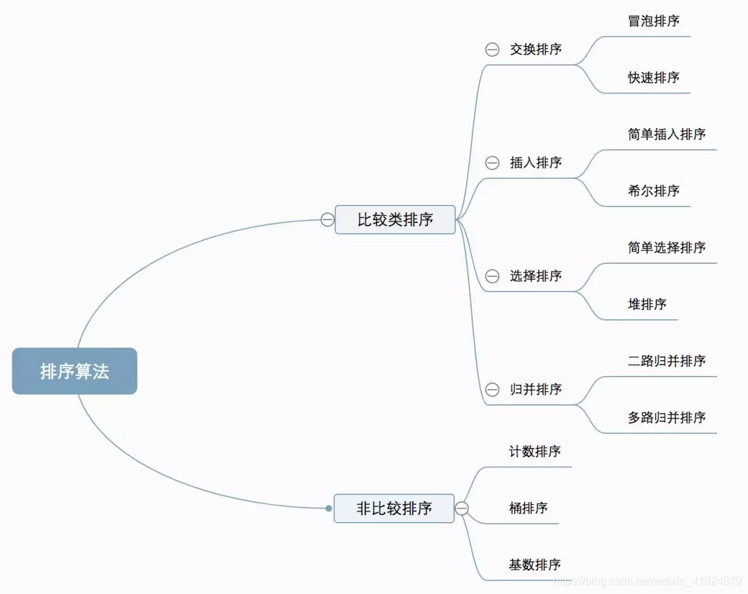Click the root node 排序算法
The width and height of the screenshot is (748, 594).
(x=75, y=371)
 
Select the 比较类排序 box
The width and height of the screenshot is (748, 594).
(x=395, y=219)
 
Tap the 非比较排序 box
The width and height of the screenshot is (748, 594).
(x=394, y=508)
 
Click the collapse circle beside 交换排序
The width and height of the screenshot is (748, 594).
(x=492, y=50)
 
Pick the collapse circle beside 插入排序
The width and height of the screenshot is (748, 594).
(x=492, y=163)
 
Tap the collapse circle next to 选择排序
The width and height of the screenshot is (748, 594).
(x=492, y=276)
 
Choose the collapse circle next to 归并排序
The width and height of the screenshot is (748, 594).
(x=492, y=390)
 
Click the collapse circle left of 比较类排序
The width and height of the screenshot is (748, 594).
(x=328, y=219)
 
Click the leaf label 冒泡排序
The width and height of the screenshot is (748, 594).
(x=654, y=21)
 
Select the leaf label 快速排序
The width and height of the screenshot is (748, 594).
(x=654, y=78)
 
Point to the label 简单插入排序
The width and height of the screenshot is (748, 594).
(x=667, y=134)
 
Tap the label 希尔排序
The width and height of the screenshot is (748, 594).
(x=654, y=191)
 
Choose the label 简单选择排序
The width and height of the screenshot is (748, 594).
(x=667, y=248)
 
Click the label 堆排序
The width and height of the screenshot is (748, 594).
(x=647, y=304)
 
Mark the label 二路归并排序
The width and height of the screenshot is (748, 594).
(x=667, y=361)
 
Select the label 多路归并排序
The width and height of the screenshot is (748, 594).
(x=667, y=417)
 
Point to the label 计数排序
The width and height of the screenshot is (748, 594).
(x=535, y=451)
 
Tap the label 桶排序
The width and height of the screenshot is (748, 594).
(x=528, y=508)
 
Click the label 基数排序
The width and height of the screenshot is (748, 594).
(x=535, y=565)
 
